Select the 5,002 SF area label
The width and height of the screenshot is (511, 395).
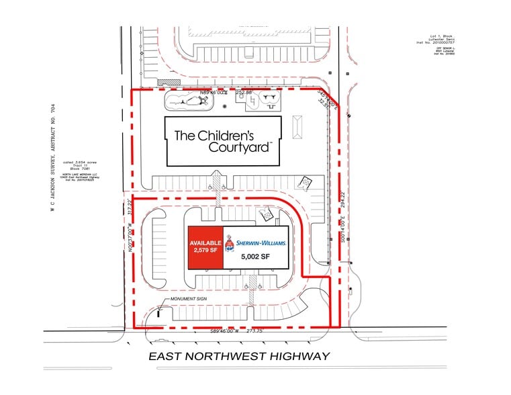(255, 256)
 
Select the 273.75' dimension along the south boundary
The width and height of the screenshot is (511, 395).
(252, 331)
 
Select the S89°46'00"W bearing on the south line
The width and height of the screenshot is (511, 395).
(225, 331)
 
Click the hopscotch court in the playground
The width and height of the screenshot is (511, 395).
(254, 103)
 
